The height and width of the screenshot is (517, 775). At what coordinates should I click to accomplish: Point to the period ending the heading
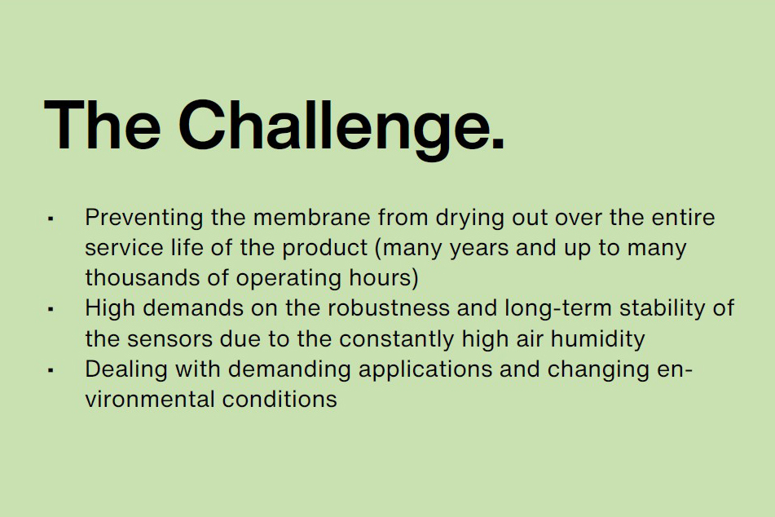coord(498,143)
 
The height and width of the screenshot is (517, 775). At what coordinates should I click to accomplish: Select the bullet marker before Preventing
coord(51,219)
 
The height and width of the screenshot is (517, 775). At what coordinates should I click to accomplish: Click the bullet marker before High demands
coord(51,309)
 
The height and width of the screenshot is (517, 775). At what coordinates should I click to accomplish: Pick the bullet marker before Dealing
coord(51,370)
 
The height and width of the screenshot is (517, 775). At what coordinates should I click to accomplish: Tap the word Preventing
coord(143,219)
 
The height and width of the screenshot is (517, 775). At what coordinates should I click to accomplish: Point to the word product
coord(324,249)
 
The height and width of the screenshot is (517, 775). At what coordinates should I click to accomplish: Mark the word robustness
coord(389,308)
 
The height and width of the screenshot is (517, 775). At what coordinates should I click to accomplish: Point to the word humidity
coord(597,340)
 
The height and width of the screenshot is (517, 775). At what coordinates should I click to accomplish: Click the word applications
coord(425,370)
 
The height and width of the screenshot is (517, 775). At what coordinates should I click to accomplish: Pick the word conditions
coord(280,400)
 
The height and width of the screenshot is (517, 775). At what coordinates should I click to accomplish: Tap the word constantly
coord(396,340)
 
